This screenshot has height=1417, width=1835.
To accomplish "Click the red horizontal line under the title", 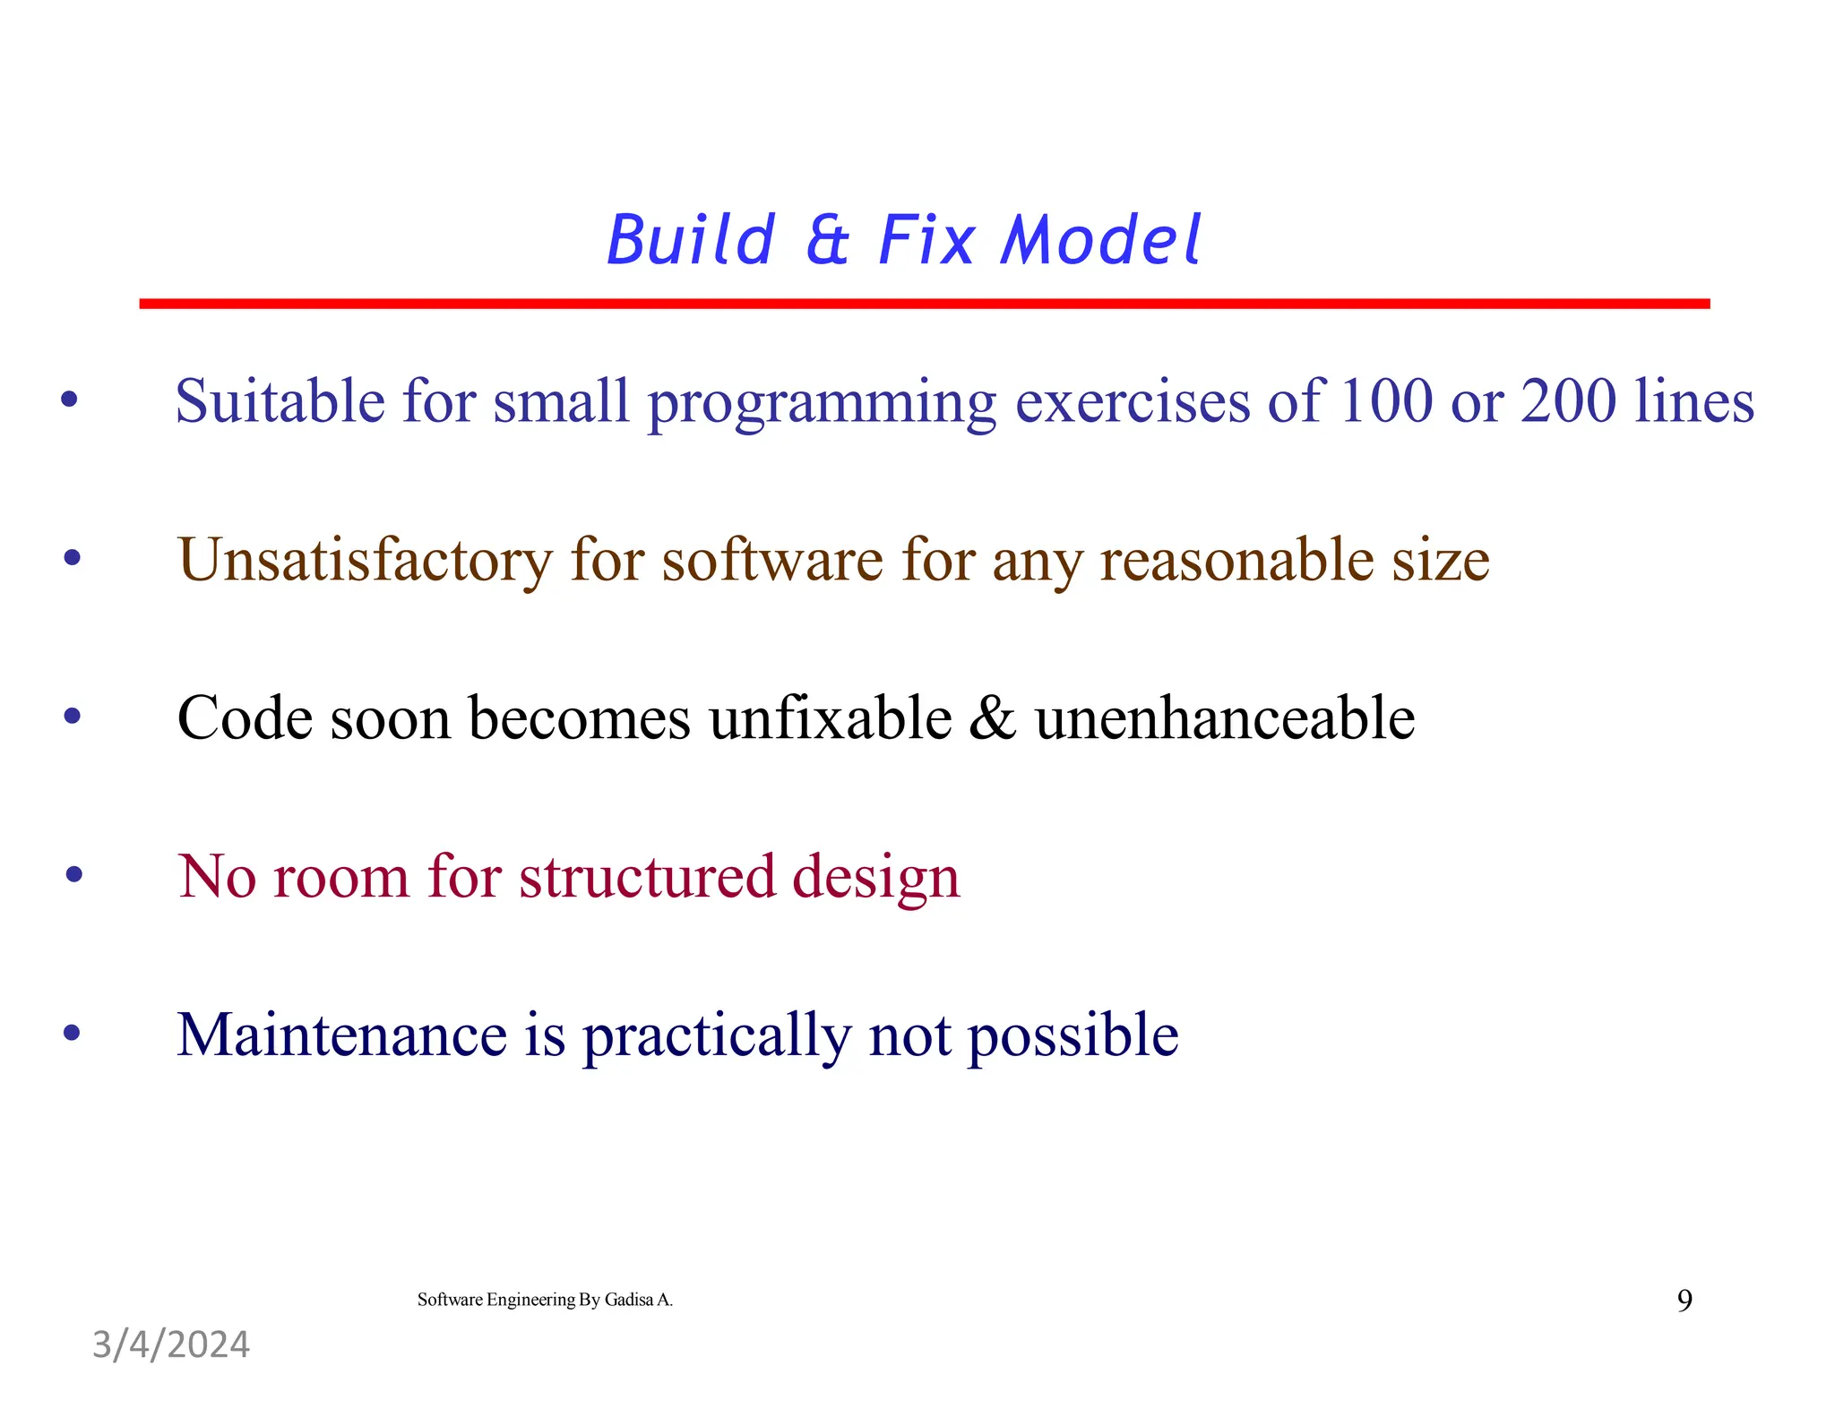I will coord(923,304).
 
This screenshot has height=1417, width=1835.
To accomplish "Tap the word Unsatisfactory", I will coord(364,560).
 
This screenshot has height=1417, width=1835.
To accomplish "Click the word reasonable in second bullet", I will coord(1236,560).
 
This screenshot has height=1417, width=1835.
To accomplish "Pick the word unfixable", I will coord(831,718).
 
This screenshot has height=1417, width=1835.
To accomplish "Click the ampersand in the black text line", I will coord(993,718).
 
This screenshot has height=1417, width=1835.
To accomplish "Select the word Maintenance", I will coord(341,1035).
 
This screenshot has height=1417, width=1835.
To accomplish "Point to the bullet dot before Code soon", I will coord(73,716).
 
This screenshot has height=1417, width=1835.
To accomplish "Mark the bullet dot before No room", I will coord(74,873).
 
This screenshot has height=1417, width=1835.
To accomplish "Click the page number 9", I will coord(1684,1300).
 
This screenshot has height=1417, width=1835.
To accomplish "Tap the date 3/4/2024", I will coord(171,1344).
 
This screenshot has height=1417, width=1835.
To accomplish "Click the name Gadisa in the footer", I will coord(628,1300).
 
